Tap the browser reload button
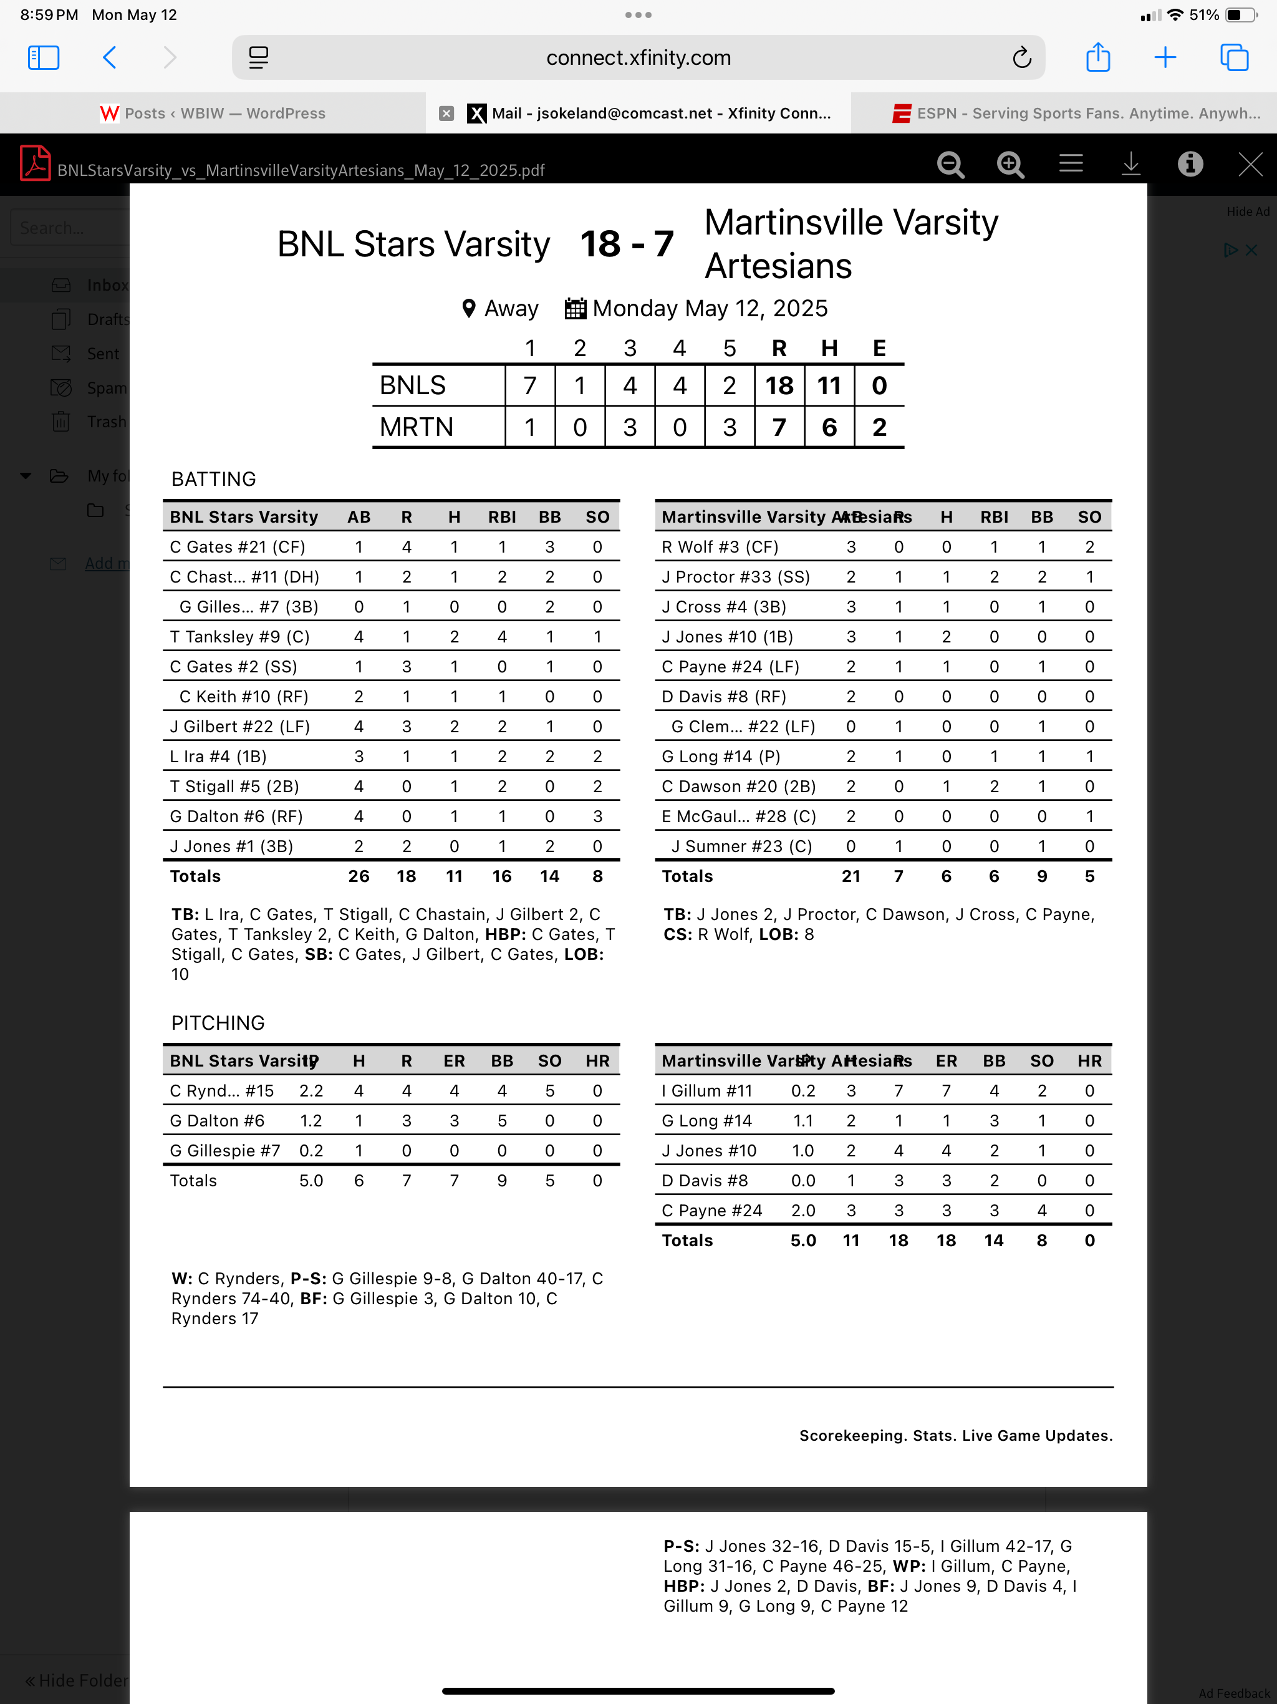[1021, 58]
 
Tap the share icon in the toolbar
[1097, 58]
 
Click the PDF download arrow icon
[1130, 164]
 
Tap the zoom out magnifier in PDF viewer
[950, 164]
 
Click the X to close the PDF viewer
[1250, 164]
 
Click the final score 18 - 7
[626, 244]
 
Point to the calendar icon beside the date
[576, 308]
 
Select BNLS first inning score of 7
[530, 385]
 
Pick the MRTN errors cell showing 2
[879, 427]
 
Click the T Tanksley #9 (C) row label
[239, 637]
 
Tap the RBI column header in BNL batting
[501, 517]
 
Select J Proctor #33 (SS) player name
[736, 577]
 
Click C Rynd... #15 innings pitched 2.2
[311, 1091]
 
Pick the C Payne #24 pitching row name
[711, 1210]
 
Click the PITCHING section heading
[218, 1023]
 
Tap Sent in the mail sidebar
[102, 354]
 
